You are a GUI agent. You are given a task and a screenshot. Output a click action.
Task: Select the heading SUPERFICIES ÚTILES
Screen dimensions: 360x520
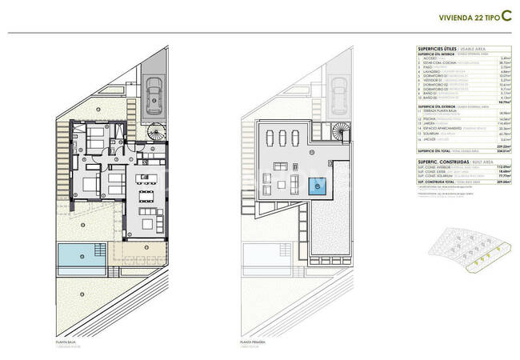(x=438, y=49)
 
